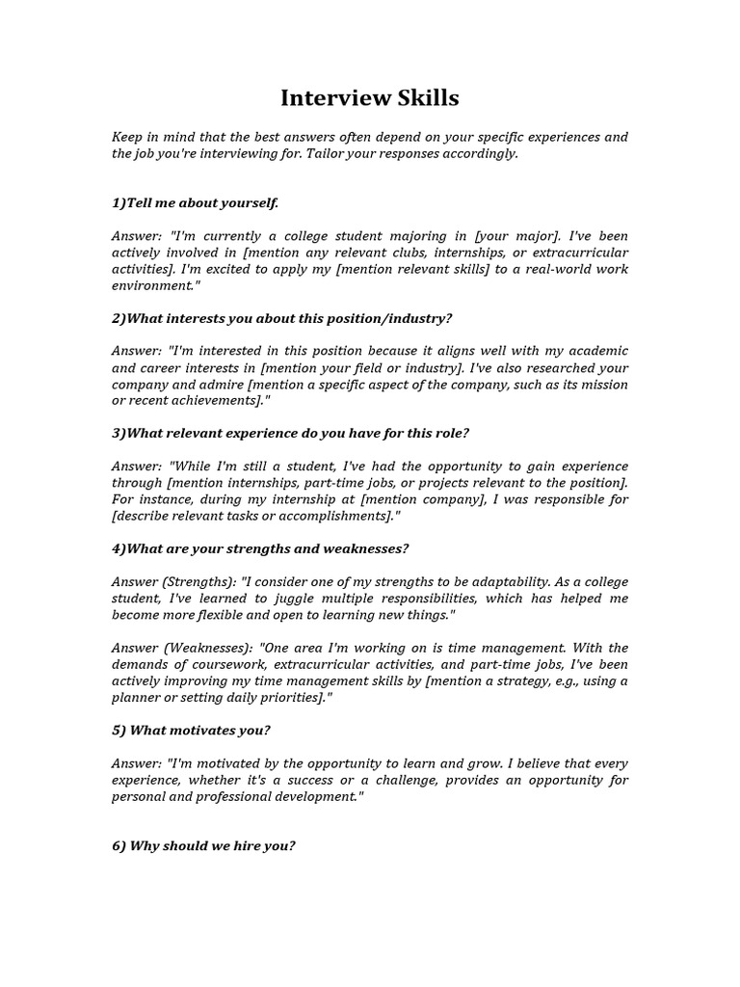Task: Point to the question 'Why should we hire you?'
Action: pos(203,845)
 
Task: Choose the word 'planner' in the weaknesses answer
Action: pos(136,697)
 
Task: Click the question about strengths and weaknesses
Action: pos(260,548)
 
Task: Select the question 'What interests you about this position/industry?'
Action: pos(281,318)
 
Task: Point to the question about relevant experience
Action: pos(290,433)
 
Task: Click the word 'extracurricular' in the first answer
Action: pos(581,253)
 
